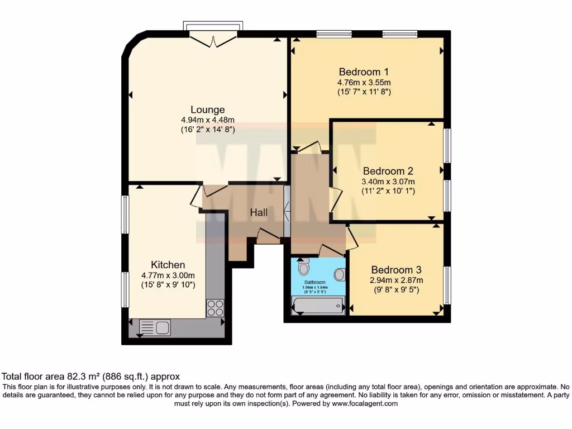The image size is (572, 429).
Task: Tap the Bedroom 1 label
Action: (364, 71)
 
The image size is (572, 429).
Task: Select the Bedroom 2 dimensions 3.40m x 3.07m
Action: (388, 182)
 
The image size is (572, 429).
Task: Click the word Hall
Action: (259, 213)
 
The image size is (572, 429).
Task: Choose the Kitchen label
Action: (168, 264)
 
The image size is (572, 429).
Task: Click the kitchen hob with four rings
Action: (215, 308)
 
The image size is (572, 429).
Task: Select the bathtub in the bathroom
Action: (317, 305)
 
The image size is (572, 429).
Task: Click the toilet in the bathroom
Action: (303, 268)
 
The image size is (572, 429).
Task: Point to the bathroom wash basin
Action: (339, 274)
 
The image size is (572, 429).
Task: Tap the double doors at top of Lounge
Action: (213, 39)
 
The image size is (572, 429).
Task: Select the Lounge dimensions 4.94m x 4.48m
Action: (207, 120)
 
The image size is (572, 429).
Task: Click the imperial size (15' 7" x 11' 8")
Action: (364, 91)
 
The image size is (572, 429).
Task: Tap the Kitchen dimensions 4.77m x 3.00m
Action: (168, 275)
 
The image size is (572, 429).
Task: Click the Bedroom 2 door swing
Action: (335, 199)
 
